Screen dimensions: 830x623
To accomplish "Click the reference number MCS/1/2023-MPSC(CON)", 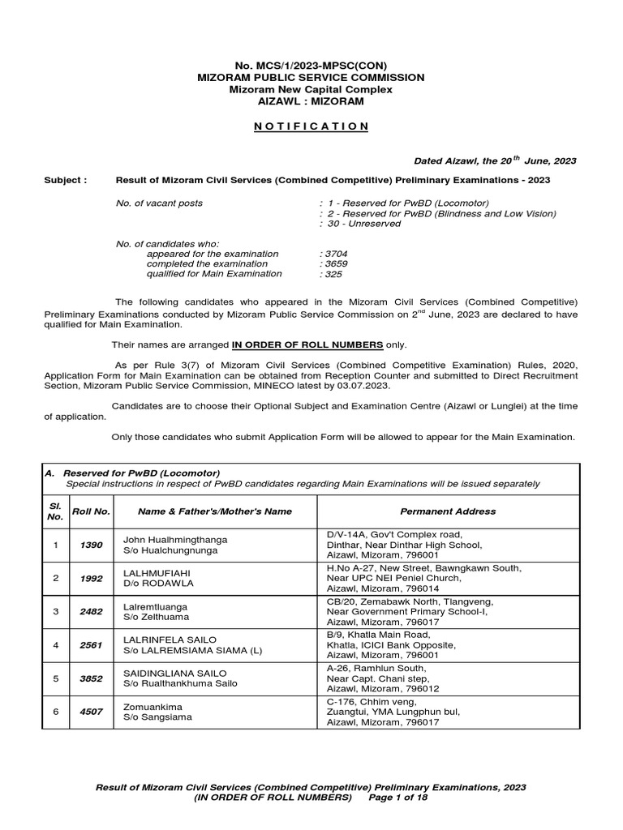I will point(311,65).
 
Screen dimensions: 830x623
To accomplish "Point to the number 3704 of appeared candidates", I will point(334,254).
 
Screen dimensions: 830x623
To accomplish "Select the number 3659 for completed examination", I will point(334,263).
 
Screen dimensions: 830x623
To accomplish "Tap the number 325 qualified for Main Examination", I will point(331,274).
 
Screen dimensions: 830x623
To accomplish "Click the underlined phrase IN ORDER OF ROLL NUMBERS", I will point(307,344).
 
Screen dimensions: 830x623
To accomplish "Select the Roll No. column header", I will point(91,511).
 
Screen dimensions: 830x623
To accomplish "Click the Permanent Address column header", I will point(448,511).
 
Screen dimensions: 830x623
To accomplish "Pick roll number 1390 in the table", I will point(91,545).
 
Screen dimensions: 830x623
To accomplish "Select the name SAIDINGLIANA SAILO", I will point(174,674).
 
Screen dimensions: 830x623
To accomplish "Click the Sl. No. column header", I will point(55,511).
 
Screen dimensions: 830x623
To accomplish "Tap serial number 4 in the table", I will point(55,645).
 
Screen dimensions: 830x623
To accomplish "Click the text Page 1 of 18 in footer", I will point(395,798).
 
